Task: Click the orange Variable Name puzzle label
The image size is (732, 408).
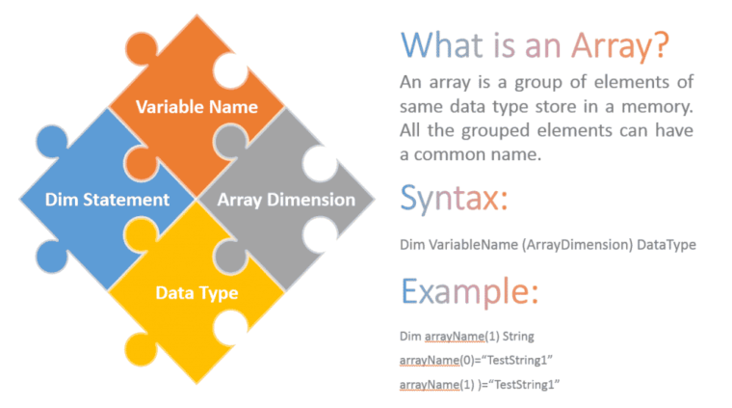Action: pos(196,106)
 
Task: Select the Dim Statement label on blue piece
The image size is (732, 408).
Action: pos(108,200)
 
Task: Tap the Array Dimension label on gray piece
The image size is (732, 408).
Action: pos(286,200)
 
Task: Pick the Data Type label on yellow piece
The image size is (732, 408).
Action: pos(196,291)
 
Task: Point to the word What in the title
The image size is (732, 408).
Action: pos(444,45)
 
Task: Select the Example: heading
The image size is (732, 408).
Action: pos(469,290)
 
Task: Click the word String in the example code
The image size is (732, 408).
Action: pos(514,336)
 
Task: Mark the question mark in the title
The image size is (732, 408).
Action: pos(660,45)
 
